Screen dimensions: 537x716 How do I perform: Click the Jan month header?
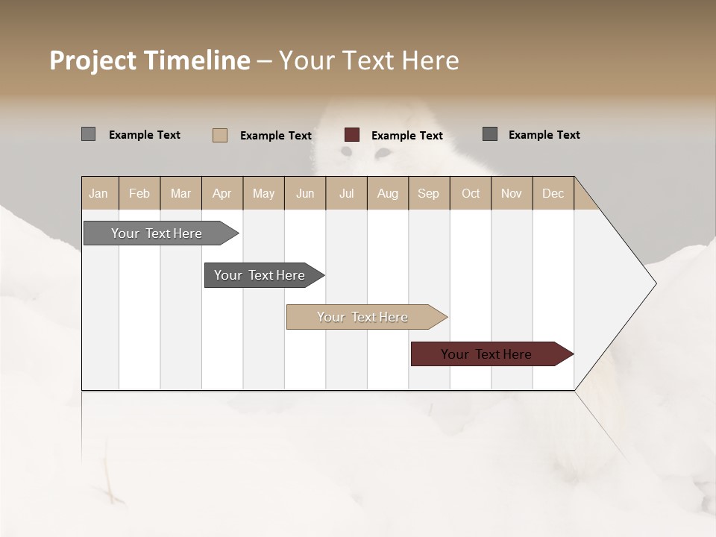click(x=98, y=193)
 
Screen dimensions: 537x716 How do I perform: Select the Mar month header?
click(x=180, y=193)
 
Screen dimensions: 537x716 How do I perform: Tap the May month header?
click(x=263, y=193)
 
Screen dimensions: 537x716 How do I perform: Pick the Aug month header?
click(x=387, y=193)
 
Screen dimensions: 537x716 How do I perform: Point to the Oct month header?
click(x=471, y=193)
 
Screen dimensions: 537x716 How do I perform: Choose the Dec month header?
click(x=553, y=193)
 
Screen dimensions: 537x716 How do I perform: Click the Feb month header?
click(x=139, y=193)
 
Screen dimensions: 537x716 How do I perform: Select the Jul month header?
click(x=346, y=193)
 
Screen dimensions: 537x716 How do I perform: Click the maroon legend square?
click(x=352, y=135)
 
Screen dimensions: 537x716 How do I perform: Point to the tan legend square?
click(x=220, y=135)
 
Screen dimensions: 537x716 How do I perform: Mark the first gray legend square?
click(x=89, y=134)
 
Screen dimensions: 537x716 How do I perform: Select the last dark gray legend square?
click(x=490, y=134)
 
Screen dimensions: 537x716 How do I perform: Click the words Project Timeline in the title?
click(x=149, y=60)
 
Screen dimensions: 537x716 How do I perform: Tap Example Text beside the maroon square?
click(x=406, y=136)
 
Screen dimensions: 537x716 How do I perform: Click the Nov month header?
click(x=512, y=193)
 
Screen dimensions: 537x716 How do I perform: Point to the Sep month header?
click(x=428, y=193)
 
